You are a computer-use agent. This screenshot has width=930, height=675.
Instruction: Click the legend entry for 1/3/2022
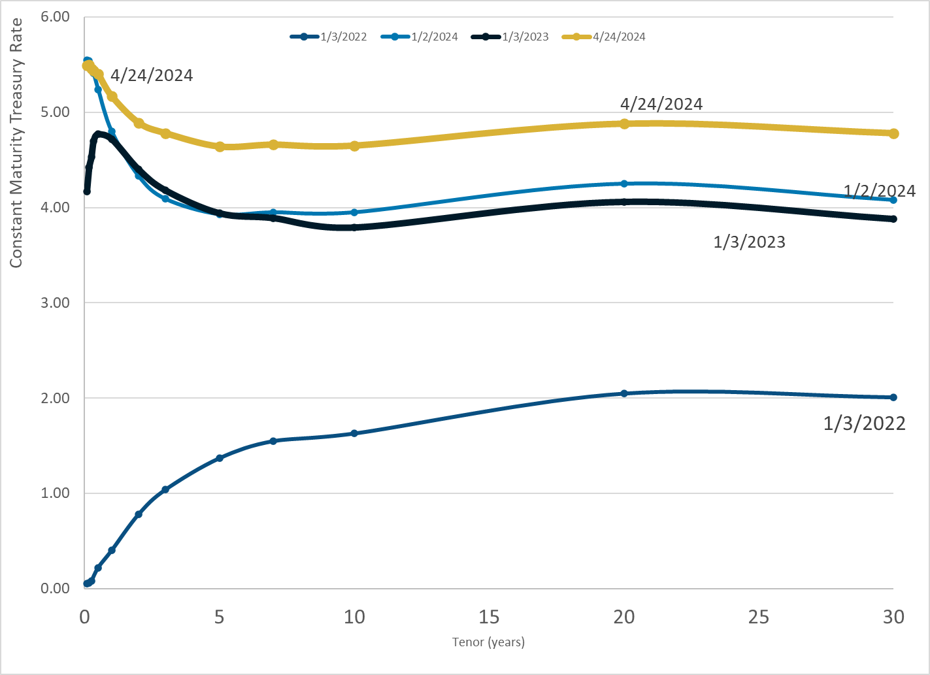click(x=329, y=37)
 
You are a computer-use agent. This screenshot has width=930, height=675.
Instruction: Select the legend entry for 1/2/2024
click(x=420, y=37)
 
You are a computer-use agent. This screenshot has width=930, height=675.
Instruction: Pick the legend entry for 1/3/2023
click(x=510, y=37)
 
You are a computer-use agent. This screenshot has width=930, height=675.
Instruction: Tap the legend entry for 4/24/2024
click(x=603, y=37)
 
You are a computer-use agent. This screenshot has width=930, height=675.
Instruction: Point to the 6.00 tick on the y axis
click(x=55, y=17)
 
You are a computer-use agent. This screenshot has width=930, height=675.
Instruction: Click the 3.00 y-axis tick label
click(x=55, y=303)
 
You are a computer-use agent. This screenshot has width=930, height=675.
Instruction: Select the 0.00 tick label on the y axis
click(x=55, y=588)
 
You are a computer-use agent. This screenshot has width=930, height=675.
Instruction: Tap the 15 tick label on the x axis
click(x=489, y=617)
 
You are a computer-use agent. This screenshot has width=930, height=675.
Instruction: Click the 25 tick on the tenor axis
click(x=759, y=617)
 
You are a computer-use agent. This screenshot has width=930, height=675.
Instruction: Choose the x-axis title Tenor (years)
click(x=488, y=642)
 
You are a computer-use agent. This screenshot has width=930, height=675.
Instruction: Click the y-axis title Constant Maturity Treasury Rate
click(x=16, y=142)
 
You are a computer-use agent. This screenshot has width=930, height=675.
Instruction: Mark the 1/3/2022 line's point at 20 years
click(x=624, y=393)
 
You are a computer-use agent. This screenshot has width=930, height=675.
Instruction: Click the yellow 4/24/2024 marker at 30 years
click(x=893, y=133)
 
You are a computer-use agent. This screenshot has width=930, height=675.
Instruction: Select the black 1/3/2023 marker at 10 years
click(x=354, y=227)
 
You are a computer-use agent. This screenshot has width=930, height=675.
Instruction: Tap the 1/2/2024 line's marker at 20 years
click(x=624, y=184)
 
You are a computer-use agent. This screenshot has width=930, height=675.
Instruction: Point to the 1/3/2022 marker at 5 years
click(x=220, y=458)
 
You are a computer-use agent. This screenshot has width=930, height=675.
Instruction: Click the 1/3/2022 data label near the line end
click(x=864, y=423)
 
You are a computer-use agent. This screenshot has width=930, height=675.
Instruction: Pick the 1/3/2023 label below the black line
click(x=749, y=242)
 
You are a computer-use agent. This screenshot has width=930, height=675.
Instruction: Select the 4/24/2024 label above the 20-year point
click(x=661, y=104)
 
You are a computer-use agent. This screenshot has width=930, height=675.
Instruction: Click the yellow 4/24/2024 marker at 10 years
click(x=354, y=146)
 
